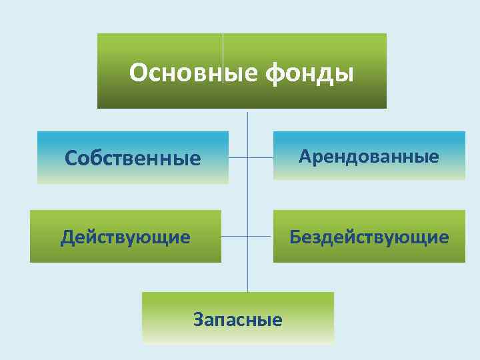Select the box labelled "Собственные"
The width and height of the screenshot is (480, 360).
pyautogui.click(x=133, y=158)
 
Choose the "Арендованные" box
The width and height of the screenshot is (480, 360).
pyautogui.click(x=369, y=156)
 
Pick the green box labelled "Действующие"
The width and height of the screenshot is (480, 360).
pyautogui.click(x=125, y=237)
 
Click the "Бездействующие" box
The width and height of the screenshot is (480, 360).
pyautogui.click(x=369, y=237)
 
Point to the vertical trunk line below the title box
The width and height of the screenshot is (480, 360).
pyautogui.click(x=248, y=200)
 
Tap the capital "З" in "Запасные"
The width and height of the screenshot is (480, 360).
pyautogui.click(x=199, y=319)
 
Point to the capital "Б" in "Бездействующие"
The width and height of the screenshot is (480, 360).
pyautogui.click(x=294, y=237)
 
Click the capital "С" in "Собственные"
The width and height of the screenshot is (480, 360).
pyautogui.click(x=72, y=158)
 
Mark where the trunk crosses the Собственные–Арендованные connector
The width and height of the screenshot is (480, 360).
pyautogui.click(x=248, y=158)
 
